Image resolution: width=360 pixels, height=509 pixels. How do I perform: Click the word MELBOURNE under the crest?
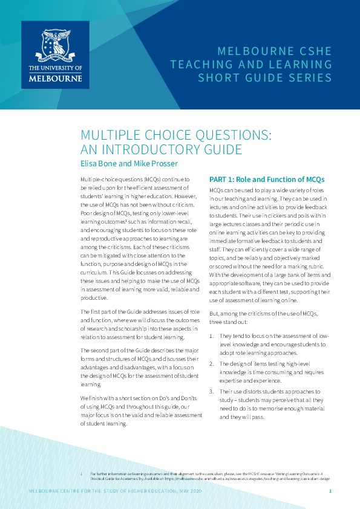coord(55,78)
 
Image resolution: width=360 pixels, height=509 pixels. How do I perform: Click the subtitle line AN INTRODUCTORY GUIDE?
coord(153,149)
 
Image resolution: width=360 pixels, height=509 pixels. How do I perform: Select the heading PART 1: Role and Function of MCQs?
coord(266,180)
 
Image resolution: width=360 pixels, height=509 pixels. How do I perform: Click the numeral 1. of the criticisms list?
coord(212,336)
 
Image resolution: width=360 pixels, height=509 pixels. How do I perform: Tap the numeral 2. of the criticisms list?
coord(212,363)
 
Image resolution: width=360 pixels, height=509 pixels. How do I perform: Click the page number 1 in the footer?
coord(330,491)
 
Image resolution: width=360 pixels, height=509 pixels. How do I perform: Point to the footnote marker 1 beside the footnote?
coord(82,473)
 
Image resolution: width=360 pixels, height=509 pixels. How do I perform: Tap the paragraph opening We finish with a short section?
coord(140,411)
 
